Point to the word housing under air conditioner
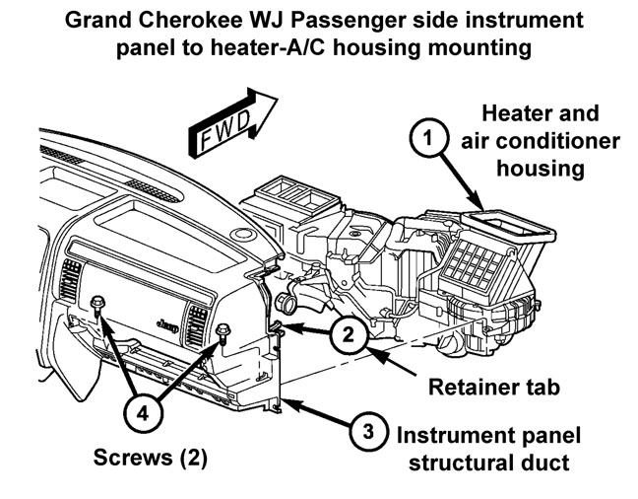pos(541,168)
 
